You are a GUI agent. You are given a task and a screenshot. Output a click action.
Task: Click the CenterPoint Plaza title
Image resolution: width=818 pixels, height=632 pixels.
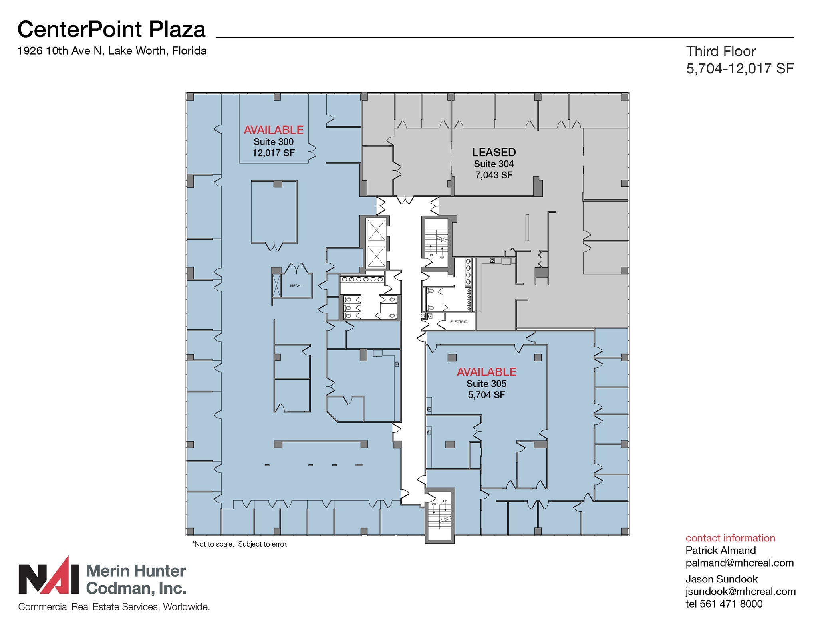coord(111,29)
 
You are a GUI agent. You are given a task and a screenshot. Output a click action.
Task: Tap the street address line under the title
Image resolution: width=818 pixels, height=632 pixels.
coord(112,51)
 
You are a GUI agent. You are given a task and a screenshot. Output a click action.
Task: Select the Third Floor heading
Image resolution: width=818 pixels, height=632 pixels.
coord(721,51)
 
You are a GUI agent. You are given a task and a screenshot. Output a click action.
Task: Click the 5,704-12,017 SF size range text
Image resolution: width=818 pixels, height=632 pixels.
coord(740,69)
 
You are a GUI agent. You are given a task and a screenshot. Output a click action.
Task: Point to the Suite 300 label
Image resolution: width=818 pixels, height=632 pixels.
coord(274,142)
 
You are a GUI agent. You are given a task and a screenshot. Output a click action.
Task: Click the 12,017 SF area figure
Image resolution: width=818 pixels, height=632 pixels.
coord(274,153)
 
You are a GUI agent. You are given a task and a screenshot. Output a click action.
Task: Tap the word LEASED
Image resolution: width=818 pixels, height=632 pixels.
coord(494,152)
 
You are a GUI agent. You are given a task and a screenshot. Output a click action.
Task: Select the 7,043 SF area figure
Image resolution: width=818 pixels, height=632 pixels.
coord(494,175)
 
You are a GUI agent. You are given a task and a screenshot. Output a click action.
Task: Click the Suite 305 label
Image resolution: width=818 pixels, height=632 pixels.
coord(486,384)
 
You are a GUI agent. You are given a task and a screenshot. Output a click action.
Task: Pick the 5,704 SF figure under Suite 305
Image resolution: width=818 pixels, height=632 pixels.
coord(486,395)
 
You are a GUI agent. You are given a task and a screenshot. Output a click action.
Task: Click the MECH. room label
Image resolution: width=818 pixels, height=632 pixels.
coord(296,286)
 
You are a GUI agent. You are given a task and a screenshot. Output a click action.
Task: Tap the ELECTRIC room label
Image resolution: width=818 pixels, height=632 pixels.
coord(459,322)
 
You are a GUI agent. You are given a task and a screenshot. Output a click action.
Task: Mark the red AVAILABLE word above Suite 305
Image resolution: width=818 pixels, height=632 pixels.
coord(486,372)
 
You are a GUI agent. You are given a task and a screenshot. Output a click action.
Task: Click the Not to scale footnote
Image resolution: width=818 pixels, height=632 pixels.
coord(240,544)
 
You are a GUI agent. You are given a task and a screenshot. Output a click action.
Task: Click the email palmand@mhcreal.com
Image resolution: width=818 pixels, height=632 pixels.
coord(740,563)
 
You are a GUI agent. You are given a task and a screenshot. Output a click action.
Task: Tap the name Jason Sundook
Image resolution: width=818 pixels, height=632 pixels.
coord(722,579)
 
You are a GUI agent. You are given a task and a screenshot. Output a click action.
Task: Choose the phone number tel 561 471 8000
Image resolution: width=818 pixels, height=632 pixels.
coord(724,604)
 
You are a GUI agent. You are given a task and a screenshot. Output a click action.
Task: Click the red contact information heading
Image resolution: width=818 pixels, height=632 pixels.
coord(730,538)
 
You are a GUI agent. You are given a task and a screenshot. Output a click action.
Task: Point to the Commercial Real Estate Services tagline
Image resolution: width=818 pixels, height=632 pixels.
coord(114,607)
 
